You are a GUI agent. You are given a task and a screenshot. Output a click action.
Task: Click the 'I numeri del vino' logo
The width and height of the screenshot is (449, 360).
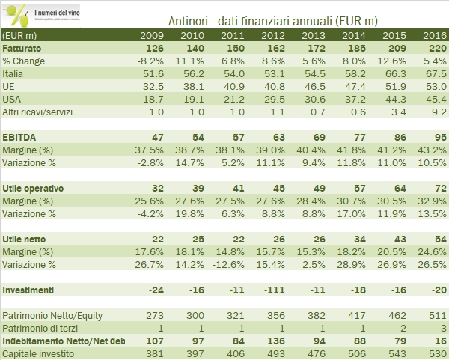(x=41, y=13)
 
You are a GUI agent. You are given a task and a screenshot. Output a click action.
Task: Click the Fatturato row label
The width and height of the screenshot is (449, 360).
(x=25, y=47)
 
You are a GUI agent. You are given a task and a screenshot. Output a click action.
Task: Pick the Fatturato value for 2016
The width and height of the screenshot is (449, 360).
(x=433, y=47)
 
